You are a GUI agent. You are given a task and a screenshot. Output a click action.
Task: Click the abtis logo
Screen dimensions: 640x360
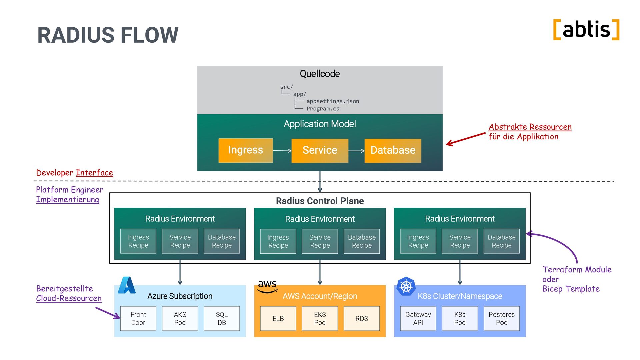tap(586, 30)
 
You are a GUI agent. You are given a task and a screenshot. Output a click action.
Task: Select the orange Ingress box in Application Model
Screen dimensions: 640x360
tap(246, 150)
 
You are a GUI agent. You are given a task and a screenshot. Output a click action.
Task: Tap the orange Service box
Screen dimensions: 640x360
tap(320, 151)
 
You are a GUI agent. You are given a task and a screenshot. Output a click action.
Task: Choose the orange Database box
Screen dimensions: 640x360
tap(393, 151)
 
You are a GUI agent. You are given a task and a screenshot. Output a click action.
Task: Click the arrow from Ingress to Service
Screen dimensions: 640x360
tap(282, 151)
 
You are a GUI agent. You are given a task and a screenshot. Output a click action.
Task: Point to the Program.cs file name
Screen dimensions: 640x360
tap(323, 109)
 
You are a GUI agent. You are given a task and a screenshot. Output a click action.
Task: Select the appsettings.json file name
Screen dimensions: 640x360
tap(333, 101)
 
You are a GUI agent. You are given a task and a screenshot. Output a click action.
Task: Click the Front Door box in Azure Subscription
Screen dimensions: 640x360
tap(138, 318)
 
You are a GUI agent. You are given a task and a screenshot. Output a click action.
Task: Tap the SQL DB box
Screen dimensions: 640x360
tap(222, 318)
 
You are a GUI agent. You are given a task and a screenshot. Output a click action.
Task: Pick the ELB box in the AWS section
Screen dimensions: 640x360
tap(278, 318)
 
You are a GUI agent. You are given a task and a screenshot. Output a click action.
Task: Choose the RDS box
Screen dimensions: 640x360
tap(362, 318)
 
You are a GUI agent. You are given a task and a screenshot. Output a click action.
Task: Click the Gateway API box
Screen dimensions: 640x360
tap(418, 318)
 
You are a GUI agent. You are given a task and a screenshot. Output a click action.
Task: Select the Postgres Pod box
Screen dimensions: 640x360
tap(502, 318)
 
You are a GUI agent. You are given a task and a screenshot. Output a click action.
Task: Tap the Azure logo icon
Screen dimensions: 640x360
tap(127, 285)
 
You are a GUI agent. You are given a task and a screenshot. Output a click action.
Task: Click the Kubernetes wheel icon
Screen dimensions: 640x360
tap(406, 286)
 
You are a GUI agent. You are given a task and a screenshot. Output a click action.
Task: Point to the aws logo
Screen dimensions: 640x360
tap(267, 286)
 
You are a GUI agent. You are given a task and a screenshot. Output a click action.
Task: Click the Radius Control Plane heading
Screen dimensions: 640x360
tap(320, 201)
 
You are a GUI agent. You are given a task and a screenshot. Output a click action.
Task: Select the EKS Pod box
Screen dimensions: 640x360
tap(320, 318)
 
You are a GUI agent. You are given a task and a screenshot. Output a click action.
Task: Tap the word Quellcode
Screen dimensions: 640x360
tap(320, 74)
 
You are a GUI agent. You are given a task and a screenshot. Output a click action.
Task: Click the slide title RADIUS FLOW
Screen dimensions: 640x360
tap(108, 35)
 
